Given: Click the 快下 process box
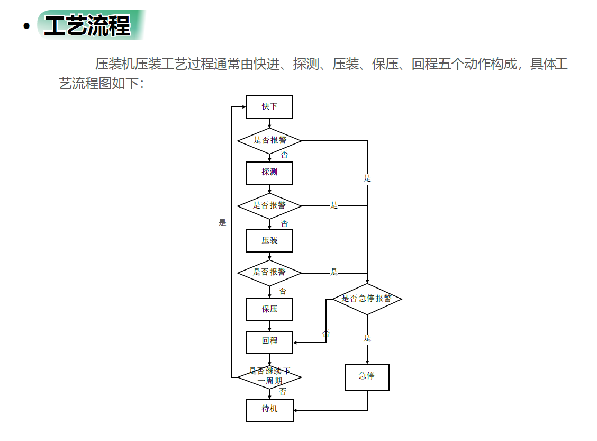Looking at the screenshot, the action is (269, 107).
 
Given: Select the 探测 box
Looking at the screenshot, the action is (269, 173).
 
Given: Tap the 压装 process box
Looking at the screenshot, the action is (269, 241).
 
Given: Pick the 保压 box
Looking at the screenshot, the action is (269, 309).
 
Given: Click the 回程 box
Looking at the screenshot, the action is (269, 343).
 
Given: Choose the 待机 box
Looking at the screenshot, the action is (269, 410).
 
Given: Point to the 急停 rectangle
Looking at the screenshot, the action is (367, 377).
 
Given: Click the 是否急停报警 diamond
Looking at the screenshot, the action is (367, 299).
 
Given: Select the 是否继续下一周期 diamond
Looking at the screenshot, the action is (269, 377).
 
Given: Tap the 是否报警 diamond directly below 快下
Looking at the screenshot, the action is (269, 141).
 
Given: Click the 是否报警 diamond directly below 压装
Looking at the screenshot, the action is (269, 273).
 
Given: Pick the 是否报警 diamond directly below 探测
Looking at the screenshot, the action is (269, 206).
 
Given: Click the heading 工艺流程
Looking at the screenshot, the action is (87, 25).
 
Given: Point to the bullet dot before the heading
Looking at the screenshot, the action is (26, 26).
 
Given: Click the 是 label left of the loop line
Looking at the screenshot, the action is (222, 222).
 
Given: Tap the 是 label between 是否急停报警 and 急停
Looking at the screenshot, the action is (367, 338).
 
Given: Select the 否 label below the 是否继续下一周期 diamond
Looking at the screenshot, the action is (283, 391).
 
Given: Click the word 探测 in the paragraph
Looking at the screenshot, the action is (306, 64).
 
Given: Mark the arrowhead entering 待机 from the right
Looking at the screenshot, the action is (295, 410).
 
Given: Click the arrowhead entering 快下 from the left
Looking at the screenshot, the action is (243, 107).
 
